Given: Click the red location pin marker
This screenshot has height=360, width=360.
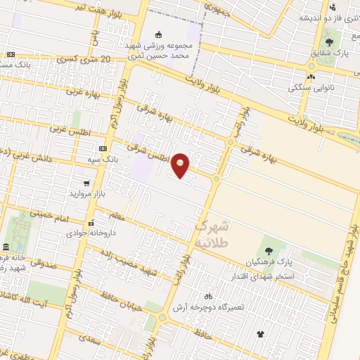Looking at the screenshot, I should pyautogui.click(x=181, y=165).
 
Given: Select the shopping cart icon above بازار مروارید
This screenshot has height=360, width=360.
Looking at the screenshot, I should pyautogui.click(x=86, y=182).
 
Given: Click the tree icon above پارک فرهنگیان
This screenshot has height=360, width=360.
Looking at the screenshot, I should pyautogui.click(x=268, y=250).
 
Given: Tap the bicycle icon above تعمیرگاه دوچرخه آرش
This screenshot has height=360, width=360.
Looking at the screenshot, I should pyautogui.click(x=207, y=296).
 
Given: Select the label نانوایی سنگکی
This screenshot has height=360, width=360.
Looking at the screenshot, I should pyautogui.click(x=310, y=88).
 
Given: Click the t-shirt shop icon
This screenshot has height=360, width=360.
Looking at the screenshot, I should pyautogui.click(x=261, y=334).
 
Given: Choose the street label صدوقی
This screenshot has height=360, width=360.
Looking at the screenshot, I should pyautogui.click(x=46, y=262).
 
